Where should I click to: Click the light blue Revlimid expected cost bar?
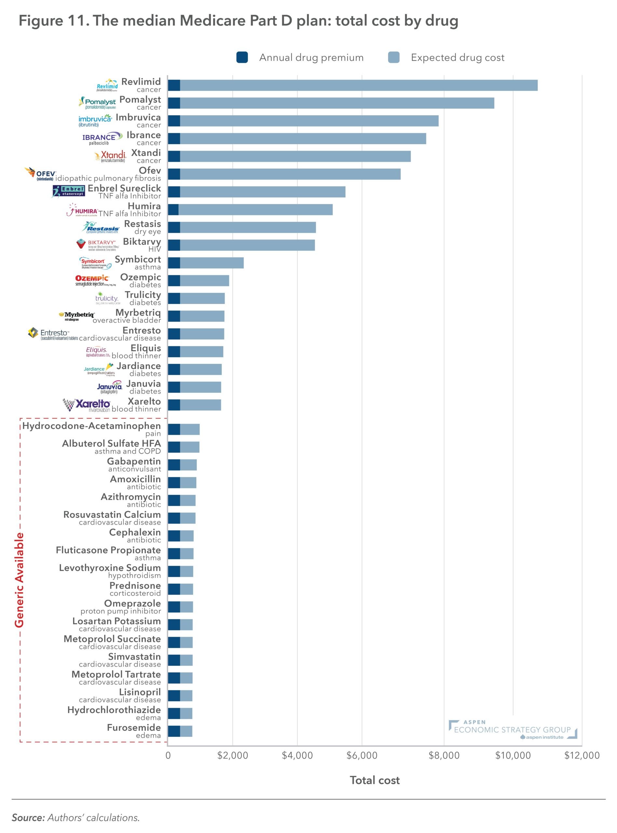point(359,86)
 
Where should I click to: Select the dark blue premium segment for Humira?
point(173,210)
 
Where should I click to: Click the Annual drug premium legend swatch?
point(242,58)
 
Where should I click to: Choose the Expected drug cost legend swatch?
point(394,58)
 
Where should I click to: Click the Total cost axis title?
point(375,780)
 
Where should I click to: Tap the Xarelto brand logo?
point(87,405)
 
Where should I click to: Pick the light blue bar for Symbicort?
point(212,263)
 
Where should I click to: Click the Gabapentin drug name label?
point(134,461)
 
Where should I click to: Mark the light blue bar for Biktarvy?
point(247,245)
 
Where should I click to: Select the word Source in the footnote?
point(28,818)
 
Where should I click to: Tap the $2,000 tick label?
point(232,755)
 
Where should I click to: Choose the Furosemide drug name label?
point(134,728)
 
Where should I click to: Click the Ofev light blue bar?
point(290,174)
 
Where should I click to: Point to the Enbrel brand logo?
point(68,191)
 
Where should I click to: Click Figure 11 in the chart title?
point(53,21)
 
